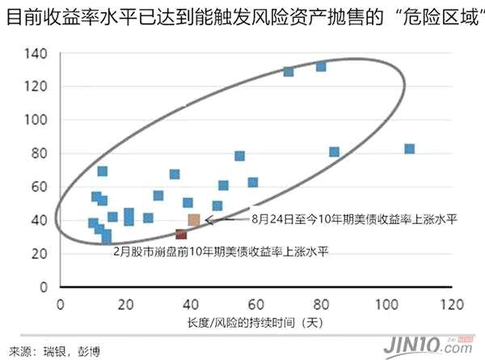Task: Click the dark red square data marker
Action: [181, 235]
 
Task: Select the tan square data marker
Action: [194, 220]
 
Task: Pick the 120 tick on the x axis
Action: [451, 305]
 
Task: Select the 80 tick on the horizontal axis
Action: [321, 305]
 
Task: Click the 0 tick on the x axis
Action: [60, 305]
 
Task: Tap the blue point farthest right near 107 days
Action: [409, 149]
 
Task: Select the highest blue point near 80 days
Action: [321, 66]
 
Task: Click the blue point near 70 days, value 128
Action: [289, 71]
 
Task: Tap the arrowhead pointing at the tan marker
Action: [209, 219]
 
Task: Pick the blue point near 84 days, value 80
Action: [334, 152]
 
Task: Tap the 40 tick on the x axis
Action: [191, 305]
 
